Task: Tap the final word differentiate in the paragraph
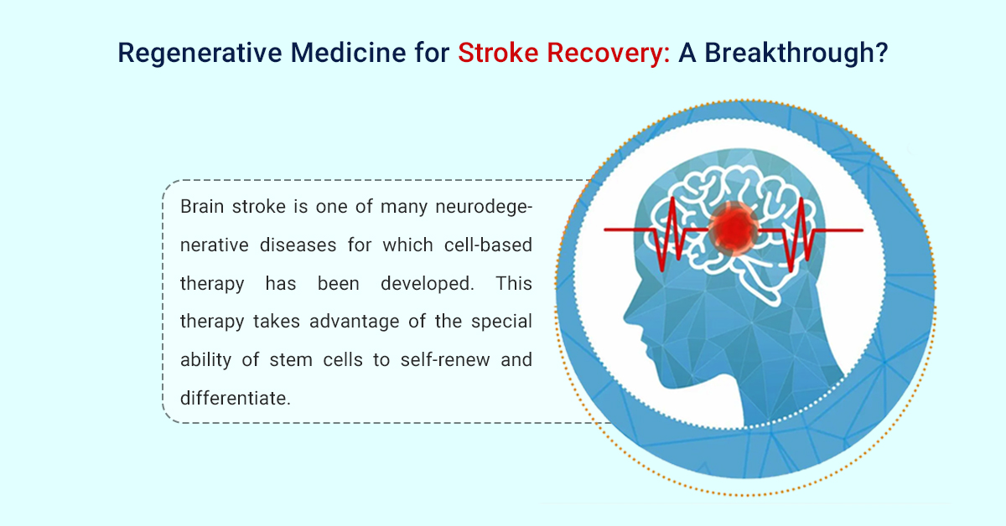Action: click(x=236, y=399)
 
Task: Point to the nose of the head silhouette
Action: click(x=628, y=317)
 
